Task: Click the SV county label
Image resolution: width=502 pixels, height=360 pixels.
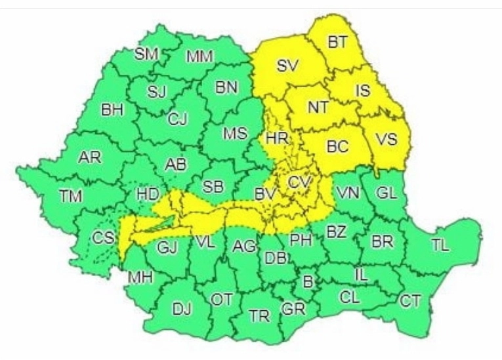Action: click(287, 66)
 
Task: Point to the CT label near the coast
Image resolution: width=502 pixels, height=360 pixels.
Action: click(411, 301)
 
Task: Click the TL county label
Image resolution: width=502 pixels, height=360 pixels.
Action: click(440, 246)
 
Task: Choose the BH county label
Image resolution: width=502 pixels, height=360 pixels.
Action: click(112, 110)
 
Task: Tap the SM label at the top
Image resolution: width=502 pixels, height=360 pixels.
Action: click(146, 54)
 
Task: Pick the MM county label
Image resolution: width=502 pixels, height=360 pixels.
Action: click(199, 57)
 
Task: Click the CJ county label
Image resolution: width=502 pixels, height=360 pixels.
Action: click(177, 119)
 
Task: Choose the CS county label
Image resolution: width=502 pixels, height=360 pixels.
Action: click(102, 238)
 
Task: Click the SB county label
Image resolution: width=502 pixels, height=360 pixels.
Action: click(213, 187)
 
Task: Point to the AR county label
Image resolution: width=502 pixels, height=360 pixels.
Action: click(89, 158)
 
